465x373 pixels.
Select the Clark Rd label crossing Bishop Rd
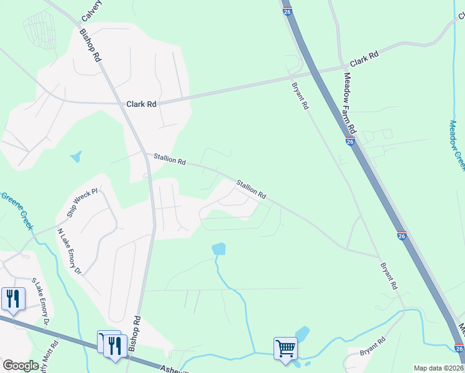141,104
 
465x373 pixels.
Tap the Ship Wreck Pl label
82,203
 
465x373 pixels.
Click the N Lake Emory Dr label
69,251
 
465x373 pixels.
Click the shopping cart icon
285,348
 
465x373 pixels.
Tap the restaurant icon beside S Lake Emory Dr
12,298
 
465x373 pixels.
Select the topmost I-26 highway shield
287,11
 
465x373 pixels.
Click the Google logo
21,366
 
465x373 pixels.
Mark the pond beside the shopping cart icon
302,334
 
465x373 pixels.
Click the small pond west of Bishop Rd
76,157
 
